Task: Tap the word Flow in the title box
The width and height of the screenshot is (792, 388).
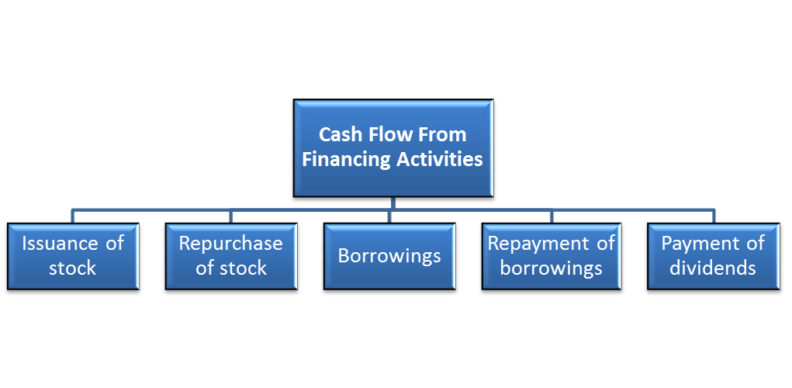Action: coord(393,134)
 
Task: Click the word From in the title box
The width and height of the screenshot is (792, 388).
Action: coord(441,134)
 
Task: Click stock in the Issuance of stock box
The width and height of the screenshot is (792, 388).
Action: coord(72,268)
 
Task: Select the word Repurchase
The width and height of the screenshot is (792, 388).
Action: coord(230,243)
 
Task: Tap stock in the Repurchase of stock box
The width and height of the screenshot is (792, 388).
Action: coord(242,268)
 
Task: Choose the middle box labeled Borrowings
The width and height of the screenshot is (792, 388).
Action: coord(389,255)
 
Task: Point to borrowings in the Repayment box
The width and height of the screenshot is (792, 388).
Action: coord(551,268)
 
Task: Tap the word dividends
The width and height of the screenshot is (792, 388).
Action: coord(713,268)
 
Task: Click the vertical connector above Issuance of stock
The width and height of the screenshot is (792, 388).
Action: coord(72,217)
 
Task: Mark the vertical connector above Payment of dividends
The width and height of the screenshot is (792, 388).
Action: coord(713,217)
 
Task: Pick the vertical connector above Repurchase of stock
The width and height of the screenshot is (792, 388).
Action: coord(230,217)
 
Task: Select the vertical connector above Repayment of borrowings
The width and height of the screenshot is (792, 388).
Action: coord(551,217)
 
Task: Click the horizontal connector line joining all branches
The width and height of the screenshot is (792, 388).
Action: coord(310,210)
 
